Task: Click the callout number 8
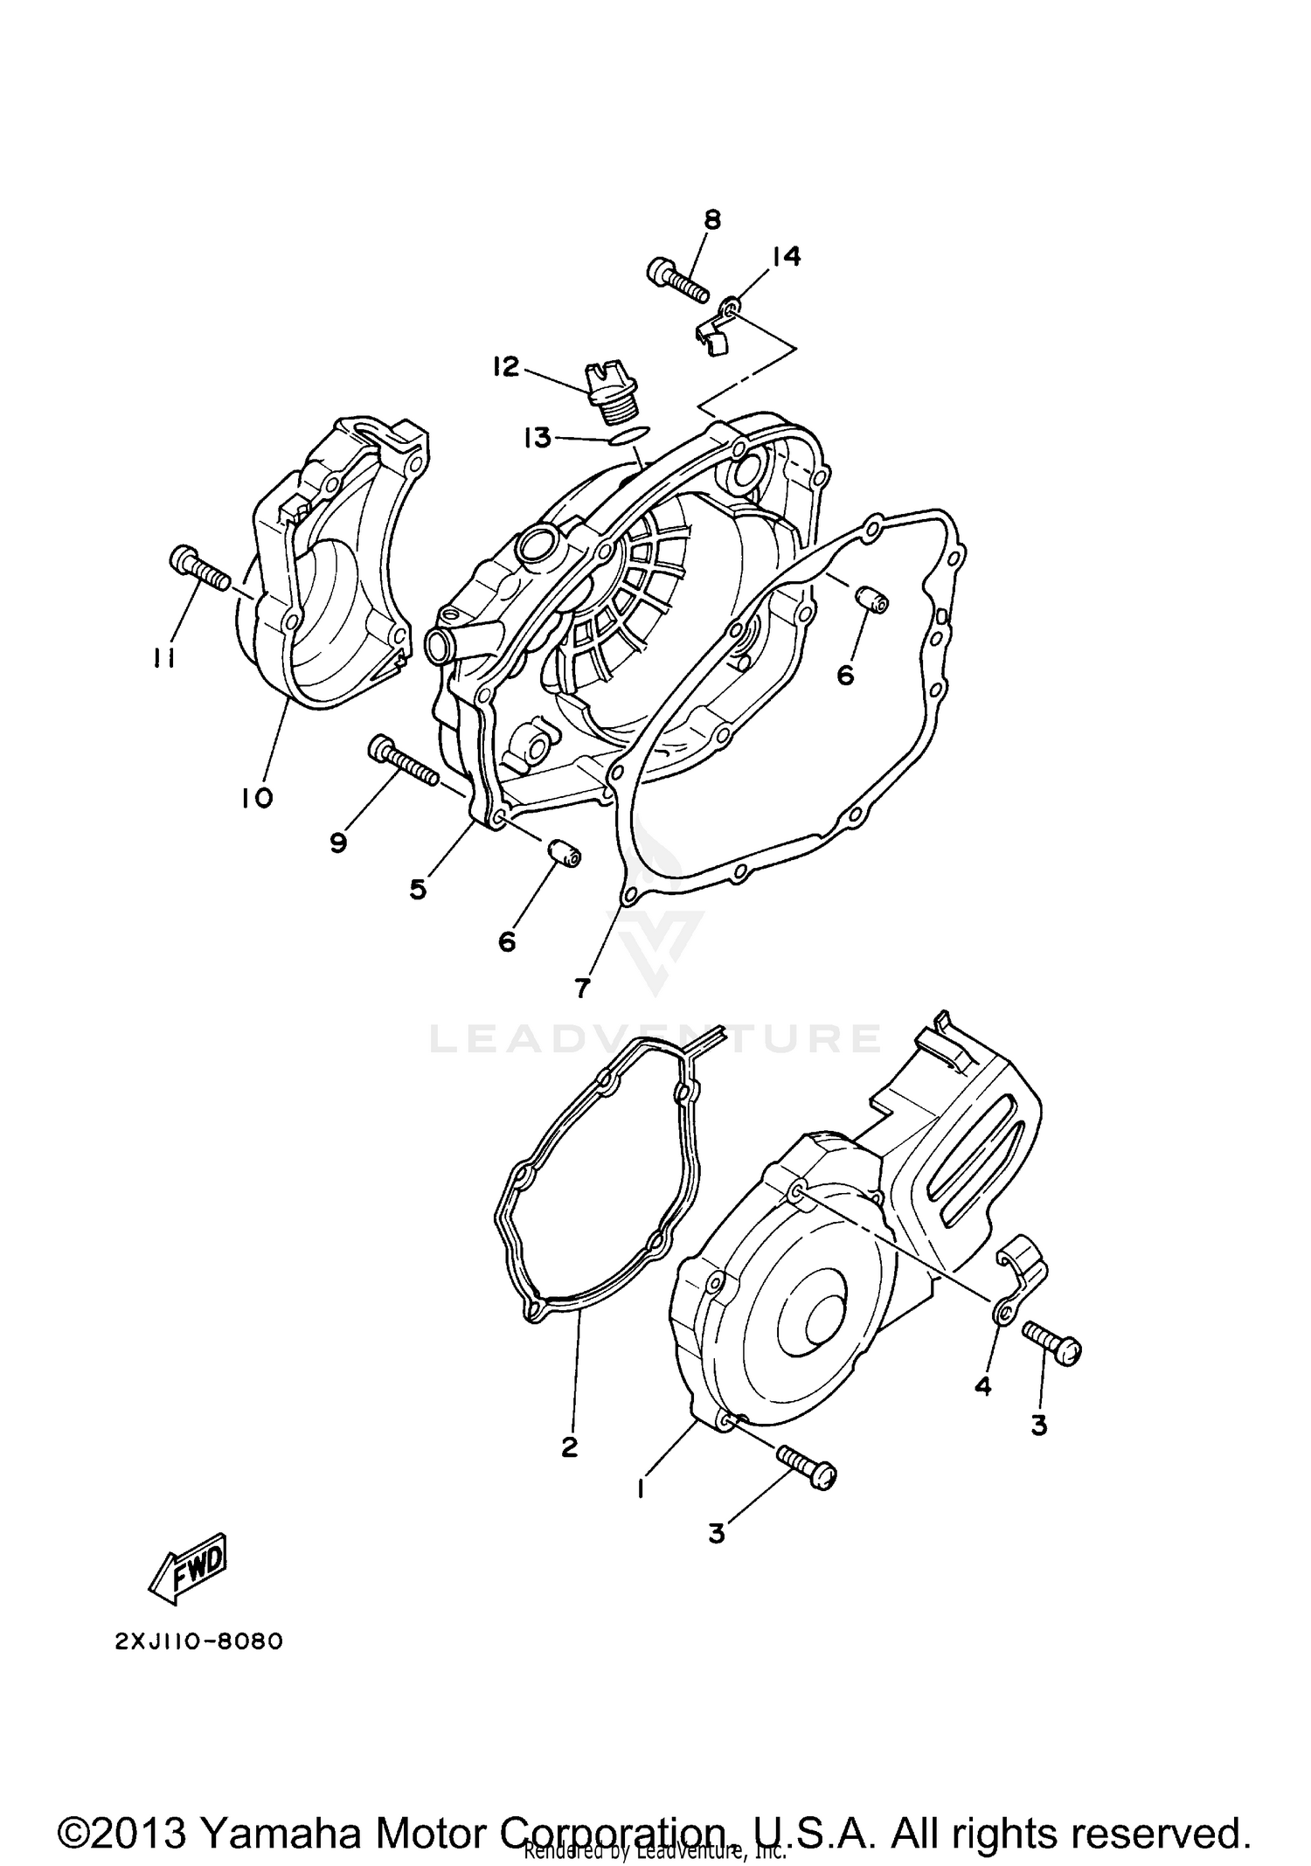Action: [712, 219]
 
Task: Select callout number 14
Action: [785, 256]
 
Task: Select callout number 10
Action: [258, 797]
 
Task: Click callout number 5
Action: [418, 889]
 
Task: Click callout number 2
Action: [569, 1447]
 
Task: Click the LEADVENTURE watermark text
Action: [655, 1038]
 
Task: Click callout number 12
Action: [505, 366]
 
